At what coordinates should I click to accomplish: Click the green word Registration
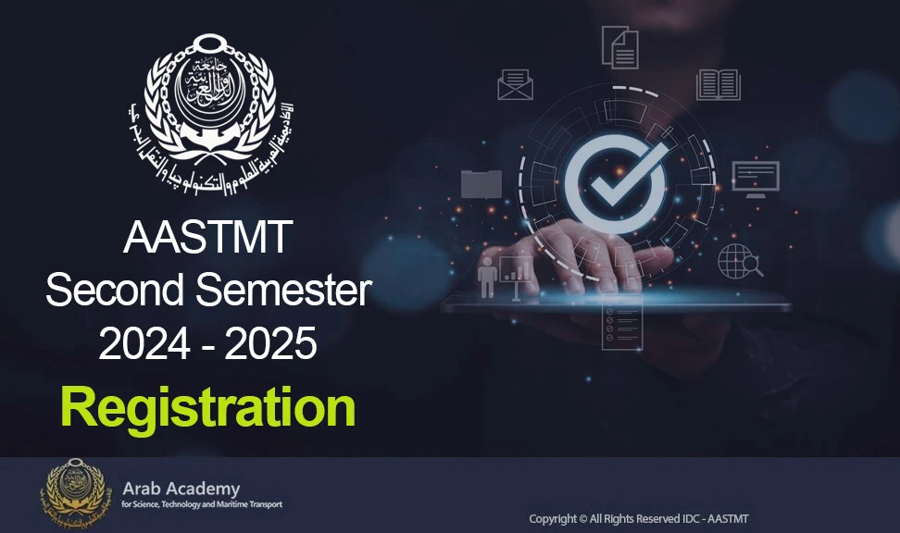[208, 408]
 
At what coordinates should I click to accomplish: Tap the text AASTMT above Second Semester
[208, 240]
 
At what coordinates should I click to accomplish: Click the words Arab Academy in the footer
[181, 488]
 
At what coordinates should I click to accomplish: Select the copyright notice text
[638, 519]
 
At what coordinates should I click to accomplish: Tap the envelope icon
[515, 84]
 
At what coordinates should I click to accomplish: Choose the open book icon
[718, 84]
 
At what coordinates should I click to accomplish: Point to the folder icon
[481, 183]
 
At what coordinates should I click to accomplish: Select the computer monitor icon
[756, 178]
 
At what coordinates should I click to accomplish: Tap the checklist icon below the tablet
[621, 323]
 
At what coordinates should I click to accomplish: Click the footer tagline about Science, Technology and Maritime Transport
[202, 505]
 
